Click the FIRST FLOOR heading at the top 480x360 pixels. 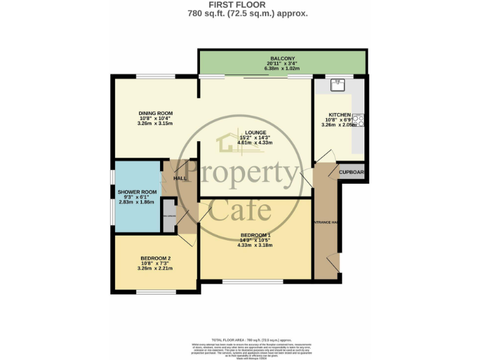pos(239,4)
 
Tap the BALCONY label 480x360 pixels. pos(282,58)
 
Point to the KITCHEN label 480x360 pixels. pos(339,115)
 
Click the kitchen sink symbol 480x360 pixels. pos(338,84)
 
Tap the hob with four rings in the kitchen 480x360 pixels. pos(359,121)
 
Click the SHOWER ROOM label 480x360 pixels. pos(137,192)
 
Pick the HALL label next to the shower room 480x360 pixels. pos(180,179)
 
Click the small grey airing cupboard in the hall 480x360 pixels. pos(169,216)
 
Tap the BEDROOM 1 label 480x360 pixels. pos(256,235)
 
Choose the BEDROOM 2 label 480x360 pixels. pos(155,259)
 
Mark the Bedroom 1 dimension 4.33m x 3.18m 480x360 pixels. pos(255,245)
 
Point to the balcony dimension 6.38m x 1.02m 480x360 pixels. pos(282,69)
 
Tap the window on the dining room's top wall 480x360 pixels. pos(155,76)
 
